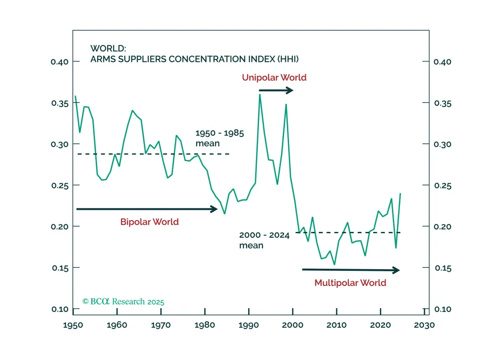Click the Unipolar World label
point(274,77)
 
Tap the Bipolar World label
point(150,222)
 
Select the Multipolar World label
point(350,283)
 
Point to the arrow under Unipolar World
point(276,90)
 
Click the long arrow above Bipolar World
point(146,209)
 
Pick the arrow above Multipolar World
point(351,270)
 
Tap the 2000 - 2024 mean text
point(264,240)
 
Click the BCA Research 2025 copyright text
point(123,301)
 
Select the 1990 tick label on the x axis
point(249,324)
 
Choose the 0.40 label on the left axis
point(59,62)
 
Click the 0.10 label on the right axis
point(443,309)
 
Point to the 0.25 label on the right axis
point(443,185)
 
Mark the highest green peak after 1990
point(260,95)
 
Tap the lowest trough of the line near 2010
point(334,264)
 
